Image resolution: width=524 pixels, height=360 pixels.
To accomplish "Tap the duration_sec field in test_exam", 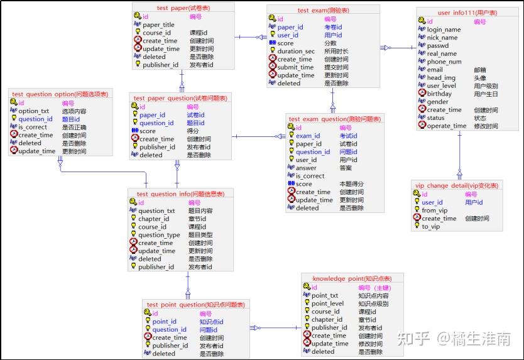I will (x=296, y=52).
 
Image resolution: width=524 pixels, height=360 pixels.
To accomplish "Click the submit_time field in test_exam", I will (x=295, y=67).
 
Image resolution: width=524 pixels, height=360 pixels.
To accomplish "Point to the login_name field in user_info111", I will (x=444, y=30).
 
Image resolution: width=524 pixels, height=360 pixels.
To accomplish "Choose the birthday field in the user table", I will (x=439, y=94).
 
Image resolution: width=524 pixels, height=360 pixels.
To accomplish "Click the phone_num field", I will (x=444, y=62).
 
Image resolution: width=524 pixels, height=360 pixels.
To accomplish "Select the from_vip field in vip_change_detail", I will (x=435, y=210).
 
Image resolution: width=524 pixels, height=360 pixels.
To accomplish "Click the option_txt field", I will (x=33, y=111).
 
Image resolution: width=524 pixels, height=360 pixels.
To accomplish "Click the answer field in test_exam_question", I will (x=306, y=168).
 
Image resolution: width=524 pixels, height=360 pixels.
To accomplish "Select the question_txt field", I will (x=156, y=211).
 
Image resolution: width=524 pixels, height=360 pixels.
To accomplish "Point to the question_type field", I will (x=159, y=235).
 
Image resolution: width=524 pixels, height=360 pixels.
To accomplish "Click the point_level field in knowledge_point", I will (x=327, y=303).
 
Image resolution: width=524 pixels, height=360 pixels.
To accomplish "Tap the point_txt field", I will (x=325, y=295).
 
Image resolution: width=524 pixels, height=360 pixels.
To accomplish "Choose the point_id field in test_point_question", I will (x=164, y=322).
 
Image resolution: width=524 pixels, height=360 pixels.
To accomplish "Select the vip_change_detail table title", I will (x=457, y=186).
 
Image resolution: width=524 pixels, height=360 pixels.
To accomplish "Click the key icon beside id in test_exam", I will (x=272, y=19).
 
